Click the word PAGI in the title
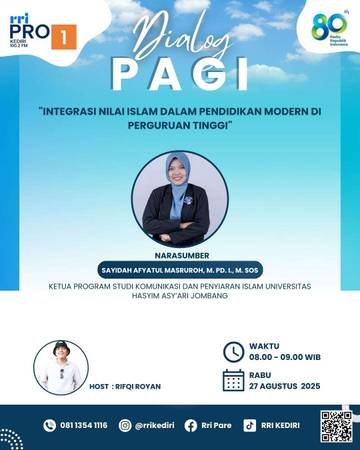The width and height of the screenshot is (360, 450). coord(180,75)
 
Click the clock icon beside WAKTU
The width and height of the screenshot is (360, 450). coord(233,352)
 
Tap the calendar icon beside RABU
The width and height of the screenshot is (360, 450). coord(233,380)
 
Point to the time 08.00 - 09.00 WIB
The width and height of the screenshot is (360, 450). coord(286,356)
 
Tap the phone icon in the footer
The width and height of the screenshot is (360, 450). coord(49,425)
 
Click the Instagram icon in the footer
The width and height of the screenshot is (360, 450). coord(125,425)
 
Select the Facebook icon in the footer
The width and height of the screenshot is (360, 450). coord(190,425)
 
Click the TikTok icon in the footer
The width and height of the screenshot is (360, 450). coord(250,425)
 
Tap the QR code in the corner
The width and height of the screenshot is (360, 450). coord(336,425)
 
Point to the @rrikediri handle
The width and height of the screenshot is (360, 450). coord(154,425)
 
